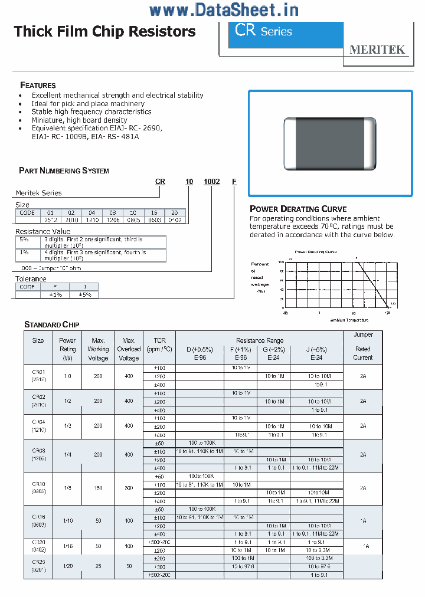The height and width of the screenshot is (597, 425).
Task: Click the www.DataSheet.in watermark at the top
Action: click(x=224, y=10)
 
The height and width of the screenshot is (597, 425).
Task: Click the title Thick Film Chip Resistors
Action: click(x=104, y=31)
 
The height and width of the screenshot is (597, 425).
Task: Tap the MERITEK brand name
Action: click(x=377, y=50)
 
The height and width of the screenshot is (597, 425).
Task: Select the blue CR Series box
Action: click(x=286, y=35)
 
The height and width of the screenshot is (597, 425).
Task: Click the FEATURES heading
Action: click(x=38, y=85)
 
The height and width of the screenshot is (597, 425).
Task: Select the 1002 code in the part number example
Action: click(x=211, y=182)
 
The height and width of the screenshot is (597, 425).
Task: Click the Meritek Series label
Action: click(x=38, y=193)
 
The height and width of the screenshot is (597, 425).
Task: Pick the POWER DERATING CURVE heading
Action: click(x=298, y=209)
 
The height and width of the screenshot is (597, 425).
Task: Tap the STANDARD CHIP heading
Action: click(x=51, y=324)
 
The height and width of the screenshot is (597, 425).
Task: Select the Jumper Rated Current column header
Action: click(x=363, y=346)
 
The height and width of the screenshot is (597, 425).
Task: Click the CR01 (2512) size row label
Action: click(x=38, y=376)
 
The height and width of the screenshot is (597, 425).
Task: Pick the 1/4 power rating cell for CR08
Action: click(x=68, y=455)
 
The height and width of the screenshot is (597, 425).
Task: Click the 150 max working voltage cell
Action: click(x=98, y=488)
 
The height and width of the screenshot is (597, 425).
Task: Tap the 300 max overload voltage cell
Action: click(x=129, y=488)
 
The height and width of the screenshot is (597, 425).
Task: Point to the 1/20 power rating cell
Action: click(x=68, y=566)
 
